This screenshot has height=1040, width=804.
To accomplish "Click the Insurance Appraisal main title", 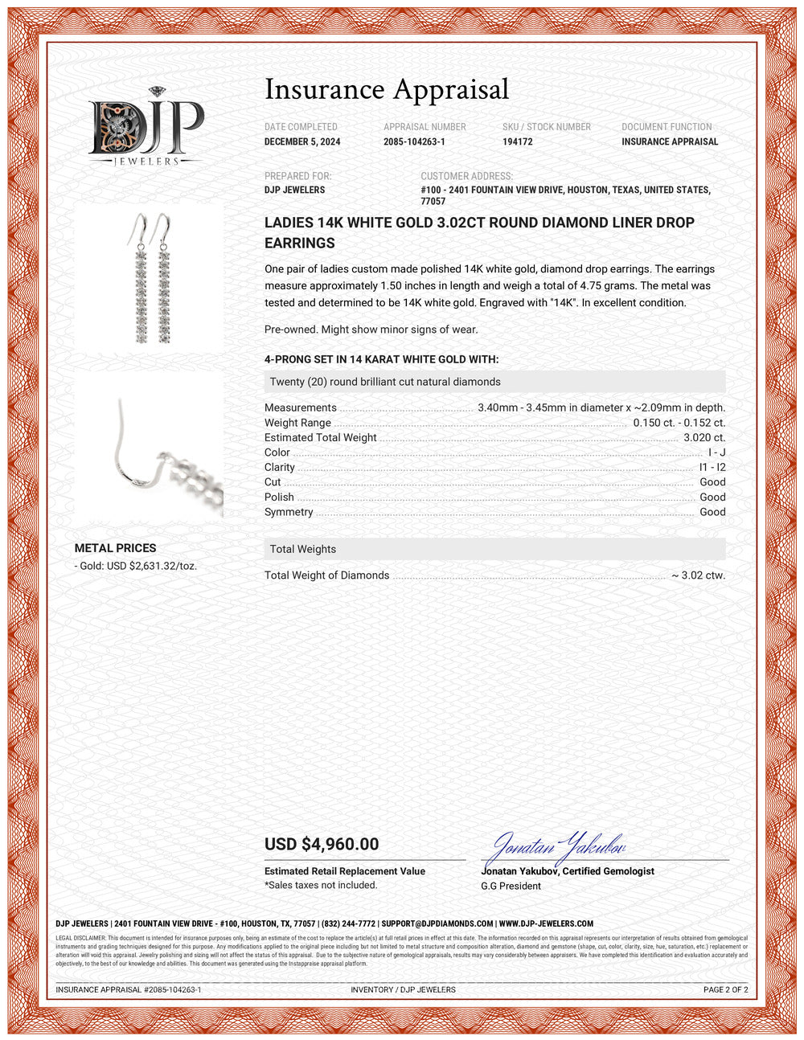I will pos(387,89).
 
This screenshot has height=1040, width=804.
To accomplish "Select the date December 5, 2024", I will pos(302,141).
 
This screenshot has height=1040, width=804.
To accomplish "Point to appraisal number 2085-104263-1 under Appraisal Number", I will pos(414,141).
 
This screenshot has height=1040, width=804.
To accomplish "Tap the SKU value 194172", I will pos(518,141).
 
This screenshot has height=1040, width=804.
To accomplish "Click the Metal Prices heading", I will pos(115,548).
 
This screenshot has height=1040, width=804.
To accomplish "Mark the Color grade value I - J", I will pos(716,452).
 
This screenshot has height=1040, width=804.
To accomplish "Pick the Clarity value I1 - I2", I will pos(712,467).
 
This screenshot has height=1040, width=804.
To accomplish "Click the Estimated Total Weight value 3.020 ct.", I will pos(704,438).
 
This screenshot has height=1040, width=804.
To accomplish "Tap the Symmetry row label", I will pos(289,512).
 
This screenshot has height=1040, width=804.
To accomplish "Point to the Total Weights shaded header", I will pos(494,549).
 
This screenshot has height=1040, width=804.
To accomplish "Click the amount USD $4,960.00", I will pos(322,844).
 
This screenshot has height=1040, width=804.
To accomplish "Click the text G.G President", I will pos(511,886).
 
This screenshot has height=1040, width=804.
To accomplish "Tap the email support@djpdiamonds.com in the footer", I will pos(437,924).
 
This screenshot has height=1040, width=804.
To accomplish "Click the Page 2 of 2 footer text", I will pos(725,989).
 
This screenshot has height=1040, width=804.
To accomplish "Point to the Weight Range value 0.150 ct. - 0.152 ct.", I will pos(679,423).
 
